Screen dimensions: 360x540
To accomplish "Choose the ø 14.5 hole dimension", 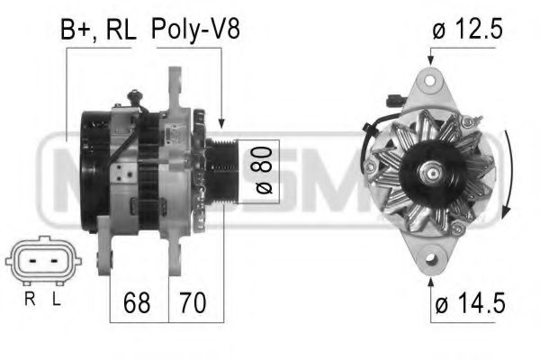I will pos(467,305).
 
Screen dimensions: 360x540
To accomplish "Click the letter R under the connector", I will pos(29,298).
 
